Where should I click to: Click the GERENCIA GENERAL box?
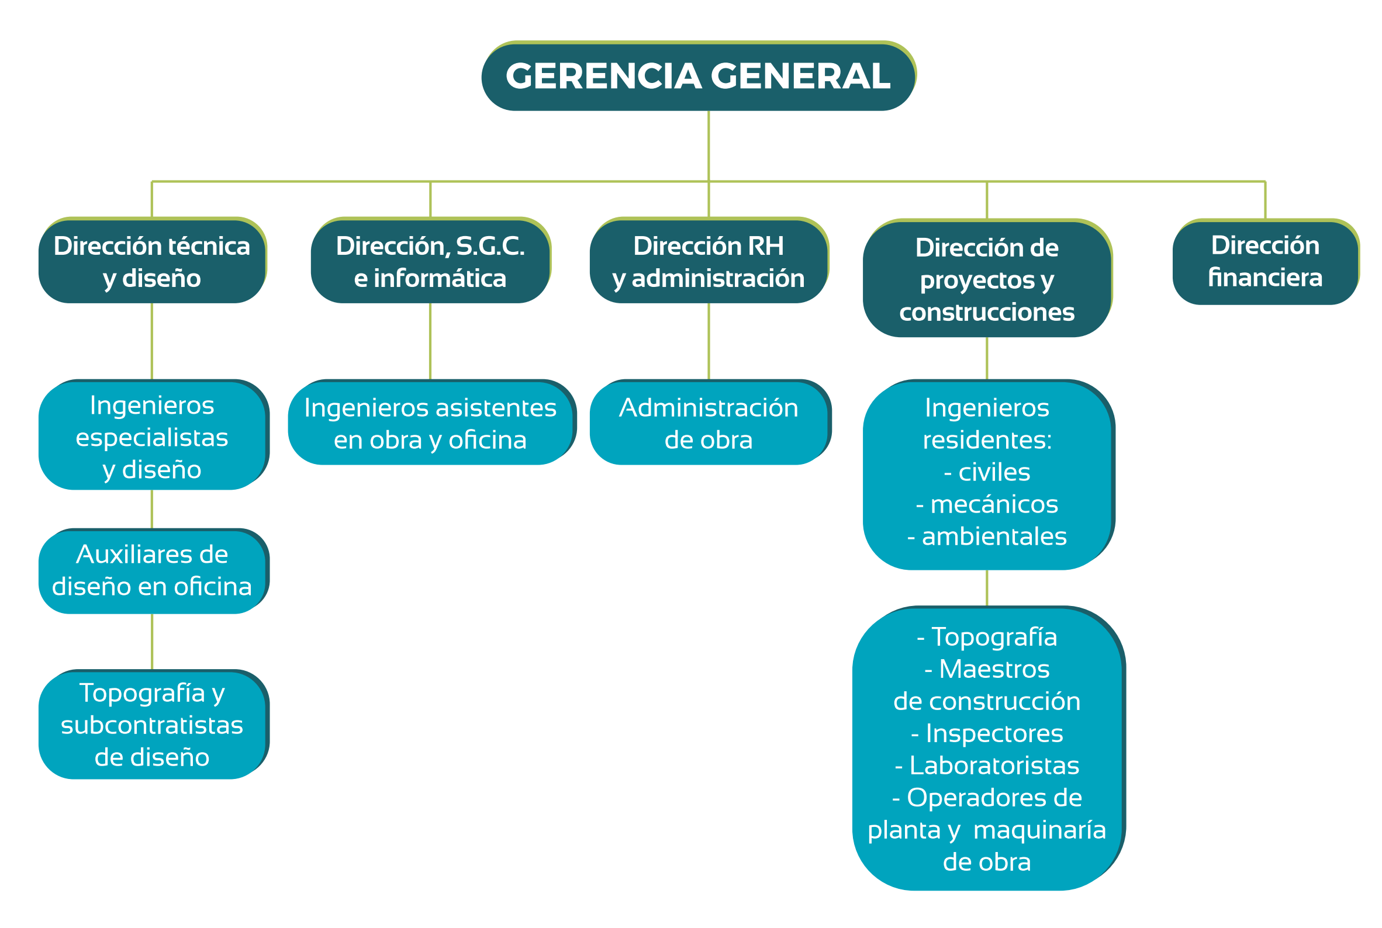click(x=699, y=76)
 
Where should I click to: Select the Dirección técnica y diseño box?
click(x=152, y=261)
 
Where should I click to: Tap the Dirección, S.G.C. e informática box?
click(x=430, y=261)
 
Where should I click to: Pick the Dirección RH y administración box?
click(x=709, y=261)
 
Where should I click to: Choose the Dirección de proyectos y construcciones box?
click(x=987, y=278)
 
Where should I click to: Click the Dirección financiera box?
click(x=1265, y=262)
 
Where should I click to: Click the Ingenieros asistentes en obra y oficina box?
click(x=431, y=422)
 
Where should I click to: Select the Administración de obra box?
click(x=710, y=422)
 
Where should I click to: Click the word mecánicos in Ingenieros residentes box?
click(x=994, y=504)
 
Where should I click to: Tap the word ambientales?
click(x=994, y=536)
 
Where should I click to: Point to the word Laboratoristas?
click(x=994, y=765)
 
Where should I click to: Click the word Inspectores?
click(x=994, y=733)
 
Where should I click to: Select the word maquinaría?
click(x=1040, y=830)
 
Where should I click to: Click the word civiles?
click(x=994, y=472)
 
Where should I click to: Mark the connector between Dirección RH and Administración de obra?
click(x=709, y=341)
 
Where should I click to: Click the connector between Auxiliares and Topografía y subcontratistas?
click(x=152, y=642)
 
